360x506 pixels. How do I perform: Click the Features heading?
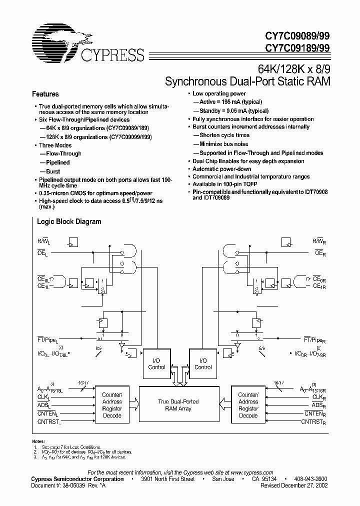(45, 94)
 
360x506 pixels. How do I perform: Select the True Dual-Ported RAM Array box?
(178, 405)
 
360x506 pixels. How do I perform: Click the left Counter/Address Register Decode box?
(112, 401)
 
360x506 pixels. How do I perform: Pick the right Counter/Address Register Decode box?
(248, 401)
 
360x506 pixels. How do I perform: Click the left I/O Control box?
(156, 363)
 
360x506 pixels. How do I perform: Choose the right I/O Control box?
(202, 363)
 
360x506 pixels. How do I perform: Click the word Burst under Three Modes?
(52, 171)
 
